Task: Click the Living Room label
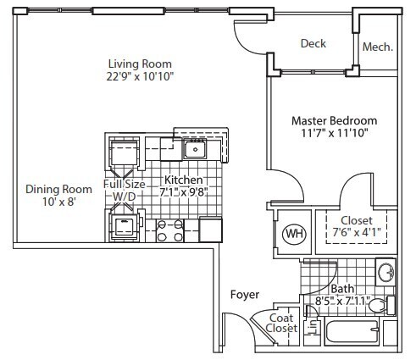click(140, 64)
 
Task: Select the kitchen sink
click(197, 150)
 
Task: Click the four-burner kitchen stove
click(169, 230)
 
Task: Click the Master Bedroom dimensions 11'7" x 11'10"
click(334, 135)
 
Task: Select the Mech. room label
click(377, 47)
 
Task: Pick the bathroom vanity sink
click(385, 274)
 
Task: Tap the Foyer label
click(244, 295)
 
